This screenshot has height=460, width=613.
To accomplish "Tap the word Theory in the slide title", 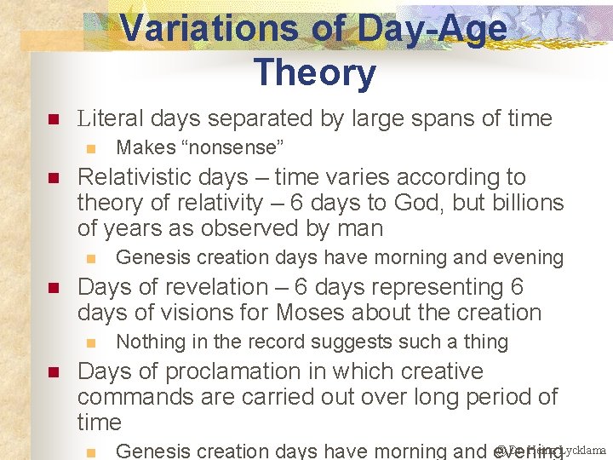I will (x=314, y=72).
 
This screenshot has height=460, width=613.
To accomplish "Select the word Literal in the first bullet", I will (x=110, y=118).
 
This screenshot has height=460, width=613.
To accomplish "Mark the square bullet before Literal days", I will (x=52, y=119).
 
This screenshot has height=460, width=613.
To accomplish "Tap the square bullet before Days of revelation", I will (x=52, y=288).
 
